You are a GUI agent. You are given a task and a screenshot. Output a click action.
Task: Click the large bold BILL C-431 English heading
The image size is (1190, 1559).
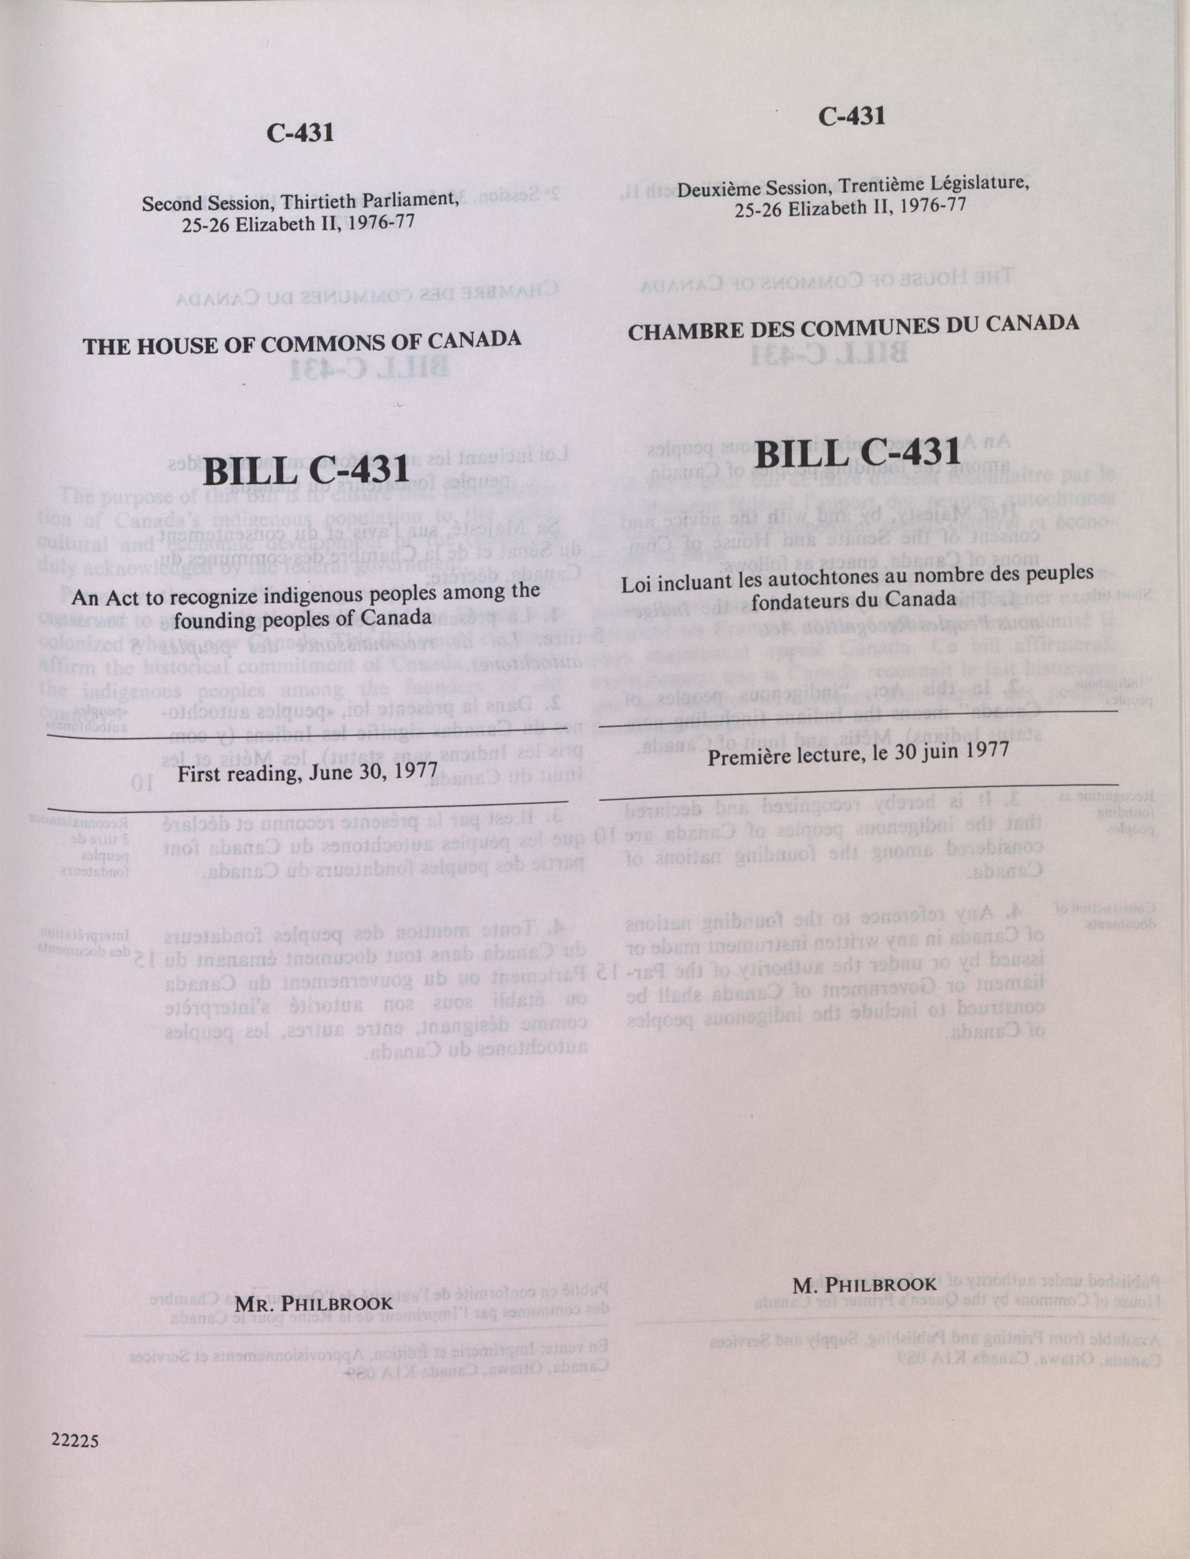coord(307,471)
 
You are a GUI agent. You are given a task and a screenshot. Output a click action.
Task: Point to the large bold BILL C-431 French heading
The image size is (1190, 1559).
coord(857,452)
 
